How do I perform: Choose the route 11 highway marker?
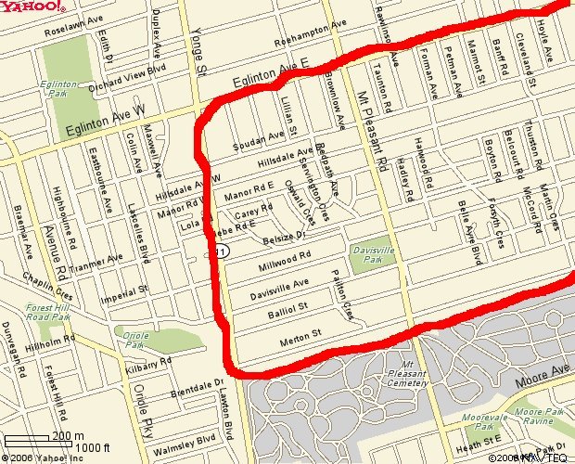(x=222, y=252)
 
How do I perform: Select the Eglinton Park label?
(x=58, y=90)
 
